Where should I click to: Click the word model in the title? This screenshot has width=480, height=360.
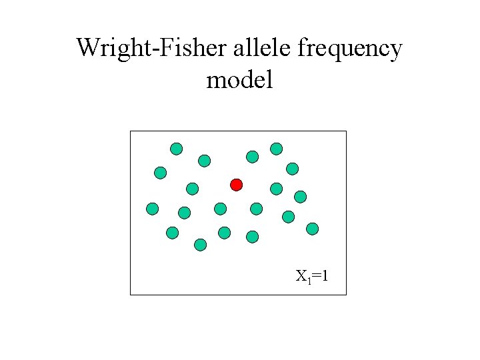coord(239,80)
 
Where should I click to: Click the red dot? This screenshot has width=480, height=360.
coord(236,184)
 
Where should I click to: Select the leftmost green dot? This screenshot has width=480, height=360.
coord(153,209)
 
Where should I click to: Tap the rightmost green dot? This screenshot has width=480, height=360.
coord(312,229)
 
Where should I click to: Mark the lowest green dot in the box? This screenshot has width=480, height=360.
coord(201,245)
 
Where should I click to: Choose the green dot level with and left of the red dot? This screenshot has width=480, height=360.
coord(193,189)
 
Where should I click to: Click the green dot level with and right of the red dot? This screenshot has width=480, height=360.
coord(277,189)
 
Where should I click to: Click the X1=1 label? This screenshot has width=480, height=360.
coord(311,275)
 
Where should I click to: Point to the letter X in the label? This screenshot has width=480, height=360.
coord(301,275)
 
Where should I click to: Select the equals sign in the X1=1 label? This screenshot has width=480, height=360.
coord(315,275)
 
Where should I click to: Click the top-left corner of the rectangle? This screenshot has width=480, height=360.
coord(130,131)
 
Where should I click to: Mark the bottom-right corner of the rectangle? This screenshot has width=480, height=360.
coord(346,294)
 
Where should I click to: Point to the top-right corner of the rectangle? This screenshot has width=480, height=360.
coord(346,131)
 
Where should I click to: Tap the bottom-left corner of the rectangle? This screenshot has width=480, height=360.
coord(130,294)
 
